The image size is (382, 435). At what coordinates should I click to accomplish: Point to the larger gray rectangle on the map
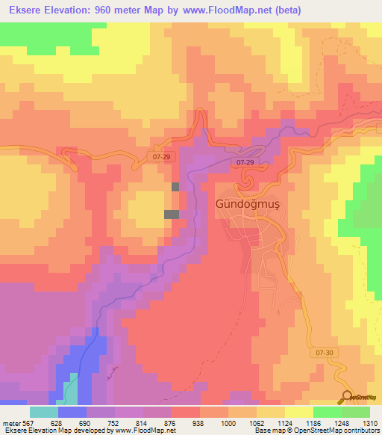click(172, 215)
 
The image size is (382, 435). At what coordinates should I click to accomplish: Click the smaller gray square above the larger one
click(175, 187)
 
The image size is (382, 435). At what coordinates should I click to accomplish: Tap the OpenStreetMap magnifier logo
click(347, 398)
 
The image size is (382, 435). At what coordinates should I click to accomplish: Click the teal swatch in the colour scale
click(44, 412)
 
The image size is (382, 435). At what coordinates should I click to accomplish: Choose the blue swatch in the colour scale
click(72, 412)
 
